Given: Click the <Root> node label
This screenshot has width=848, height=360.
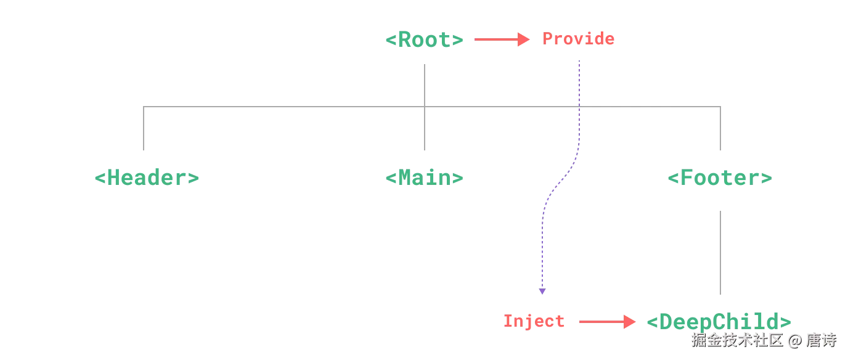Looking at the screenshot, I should coord(424,40).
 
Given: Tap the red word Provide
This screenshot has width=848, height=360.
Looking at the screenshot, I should coord(579,39).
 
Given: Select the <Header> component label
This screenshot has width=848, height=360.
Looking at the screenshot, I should coord(147,178).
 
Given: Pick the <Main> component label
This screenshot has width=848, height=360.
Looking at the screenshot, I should coord(424,178).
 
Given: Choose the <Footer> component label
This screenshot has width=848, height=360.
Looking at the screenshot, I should coord(720,179).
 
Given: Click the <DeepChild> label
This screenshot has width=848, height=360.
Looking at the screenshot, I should coord(719,321).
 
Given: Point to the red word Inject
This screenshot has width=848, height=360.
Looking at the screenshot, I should coord(534,321).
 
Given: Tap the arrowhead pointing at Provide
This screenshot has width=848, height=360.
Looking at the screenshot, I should coord(524,40).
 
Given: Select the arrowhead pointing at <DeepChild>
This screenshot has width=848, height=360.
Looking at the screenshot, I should coord(629,322).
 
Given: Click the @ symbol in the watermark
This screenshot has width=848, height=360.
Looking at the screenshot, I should coord(795,340).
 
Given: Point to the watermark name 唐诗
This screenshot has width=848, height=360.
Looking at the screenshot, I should coord(821,340).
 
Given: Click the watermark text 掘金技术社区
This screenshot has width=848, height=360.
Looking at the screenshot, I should coord(737,340).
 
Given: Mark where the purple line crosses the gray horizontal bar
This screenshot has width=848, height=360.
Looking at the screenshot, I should coord(579,107).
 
